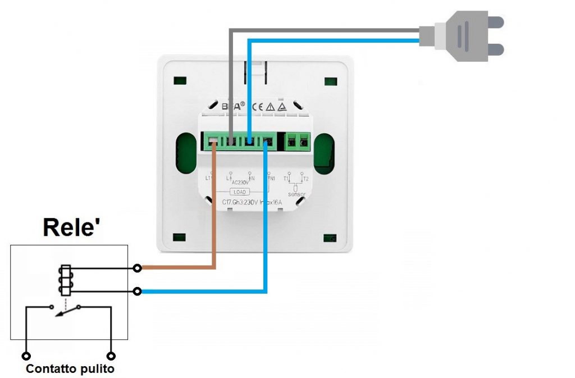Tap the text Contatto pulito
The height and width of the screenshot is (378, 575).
[70, 369]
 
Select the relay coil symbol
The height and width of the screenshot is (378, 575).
[64, 280]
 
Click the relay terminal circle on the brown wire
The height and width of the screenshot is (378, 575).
[138, 268]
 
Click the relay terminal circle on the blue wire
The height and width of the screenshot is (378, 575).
[138, 291]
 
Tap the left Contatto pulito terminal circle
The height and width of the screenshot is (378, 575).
[26, 356]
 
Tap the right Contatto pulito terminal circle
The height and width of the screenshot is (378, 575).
[111, 356]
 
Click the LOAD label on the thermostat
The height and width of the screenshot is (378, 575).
[240, 192]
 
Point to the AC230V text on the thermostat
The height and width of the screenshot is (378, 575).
[240, 183]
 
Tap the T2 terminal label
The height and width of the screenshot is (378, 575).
[305, 179]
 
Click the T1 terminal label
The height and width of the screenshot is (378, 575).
[286, 179]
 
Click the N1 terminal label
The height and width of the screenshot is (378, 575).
[272, 179]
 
